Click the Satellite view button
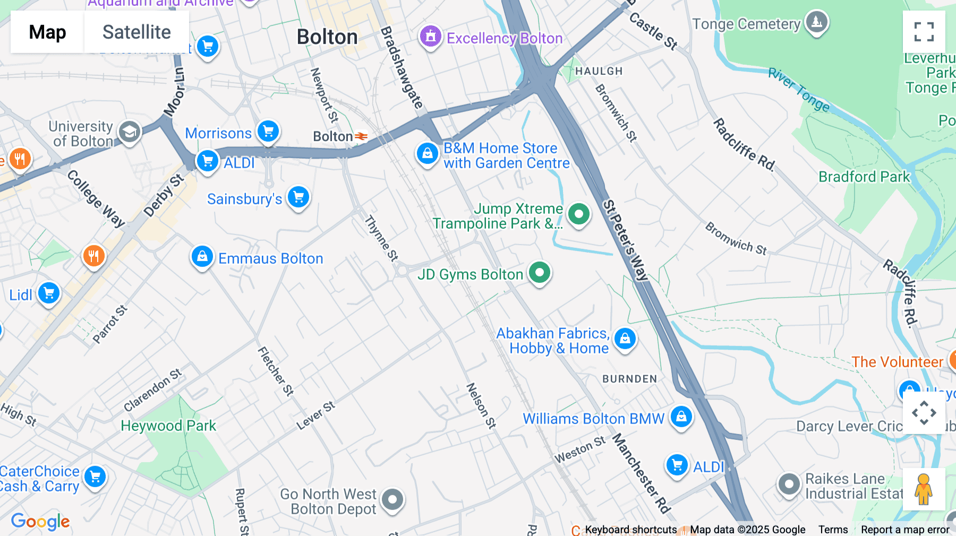click(136, 32)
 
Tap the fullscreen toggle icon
click(924, 32)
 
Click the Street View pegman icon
click(924, 489)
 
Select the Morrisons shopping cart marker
click(268, 131)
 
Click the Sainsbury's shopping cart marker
click(298, 197)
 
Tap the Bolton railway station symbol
click(361, 136)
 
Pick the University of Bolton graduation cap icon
click(129, 132)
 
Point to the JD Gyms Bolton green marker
click(540, 273)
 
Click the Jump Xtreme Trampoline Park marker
click(578, 214)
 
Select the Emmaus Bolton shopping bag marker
click(202, 257)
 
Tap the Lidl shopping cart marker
click(49, 293)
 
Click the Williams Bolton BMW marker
click(681, 417)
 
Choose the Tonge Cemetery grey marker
click(816, 22)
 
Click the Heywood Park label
click(168, 426)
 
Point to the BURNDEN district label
click(629, 379)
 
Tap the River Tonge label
click(798, 89)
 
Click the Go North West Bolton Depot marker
click(392, 499)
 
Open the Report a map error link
click(905, 529)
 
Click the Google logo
click(40, 521)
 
